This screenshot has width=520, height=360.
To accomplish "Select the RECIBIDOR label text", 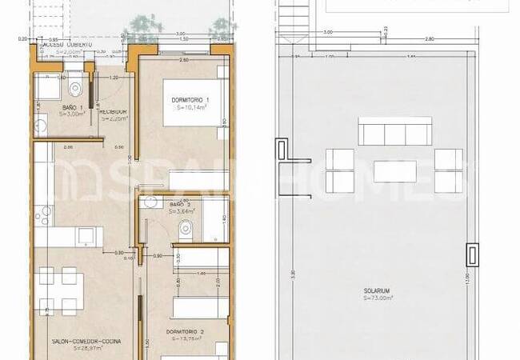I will point(114,111).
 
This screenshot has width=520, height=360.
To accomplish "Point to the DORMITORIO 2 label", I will point(186,331).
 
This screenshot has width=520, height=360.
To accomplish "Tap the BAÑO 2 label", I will point(181,205).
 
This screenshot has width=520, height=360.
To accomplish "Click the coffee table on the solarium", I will point(395,171).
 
